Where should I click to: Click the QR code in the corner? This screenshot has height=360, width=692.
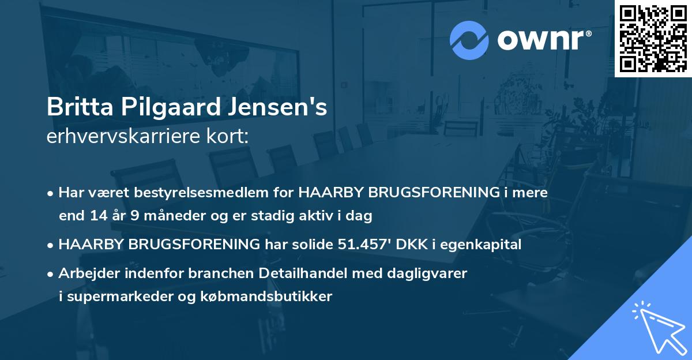pos(653,39)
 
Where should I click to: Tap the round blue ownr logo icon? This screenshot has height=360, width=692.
pos(469,40)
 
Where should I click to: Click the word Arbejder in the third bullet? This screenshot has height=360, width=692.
pos(84,273)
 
